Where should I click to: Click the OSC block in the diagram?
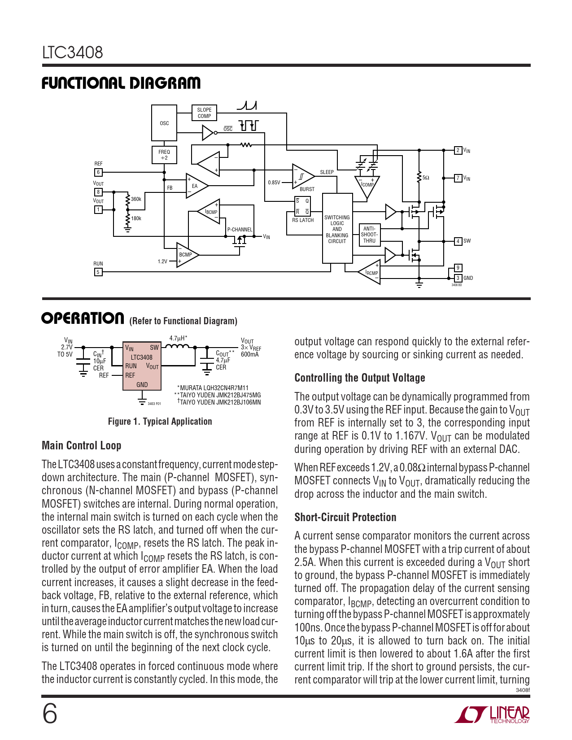[164, 123]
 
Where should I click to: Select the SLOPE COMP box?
[204, 113]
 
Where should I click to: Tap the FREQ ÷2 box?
[164, 155]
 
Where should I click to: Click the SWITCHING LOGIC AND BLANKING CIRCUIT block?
[337, 229]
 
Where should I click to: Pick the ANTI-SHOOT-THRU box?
[369, 235]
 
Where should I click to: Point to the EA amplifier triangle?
[196, 186]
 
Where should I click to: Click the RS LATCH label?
[303, 220]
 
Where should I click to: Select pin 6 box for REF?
[98, 172]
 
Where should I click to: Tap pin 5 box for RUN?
[98, 272]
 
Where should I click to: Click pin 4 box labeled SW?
[458, 241]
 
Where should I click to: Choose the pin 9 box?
[458, 268]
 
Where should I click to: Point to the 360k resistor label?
[136, 199]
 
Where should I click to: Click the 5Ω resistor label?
[426, 178]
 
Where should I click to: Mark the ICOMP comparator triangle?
[367, 185]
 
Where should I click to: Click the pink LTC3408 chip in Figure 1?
[142, 366]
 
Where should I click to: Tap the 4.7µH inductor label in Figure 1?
[178, 338]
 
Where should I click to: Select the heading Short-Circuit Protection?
[345, 517]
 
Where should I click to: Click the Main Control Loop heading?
[81, 445]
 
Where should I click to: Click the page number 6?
[49, 714]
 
